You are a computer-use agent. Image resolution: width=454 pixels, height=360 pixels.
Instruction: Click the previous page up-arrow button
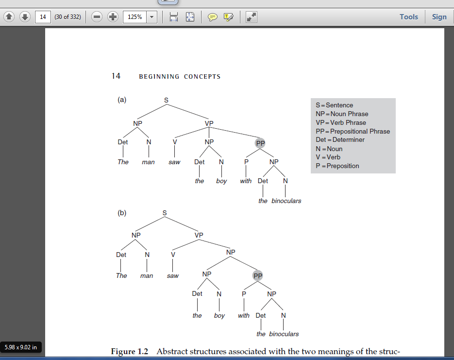9,17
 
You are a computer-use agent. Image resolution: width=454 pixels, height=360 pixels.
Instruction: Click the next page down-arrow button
25,17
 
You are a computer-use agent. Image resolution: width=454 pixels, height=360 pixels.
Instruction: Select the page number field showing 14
43,17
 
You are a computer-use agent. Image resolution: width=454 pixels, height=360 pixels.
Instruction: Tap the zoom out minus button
97,17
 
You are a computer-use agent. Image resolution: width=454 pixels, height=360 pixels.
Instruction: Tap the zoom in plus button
113,17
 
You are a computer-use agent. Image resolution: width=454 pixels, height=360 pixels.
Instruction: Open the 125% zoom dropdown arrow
151,17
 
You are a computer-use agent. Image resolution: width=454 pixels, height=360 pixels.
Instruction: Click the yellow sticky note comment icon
212,17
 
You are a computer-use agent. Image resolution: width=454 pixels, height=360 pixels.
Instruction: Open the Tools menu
409,17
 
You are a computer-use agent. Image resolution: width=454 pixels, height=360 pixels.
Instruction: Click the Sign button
439,17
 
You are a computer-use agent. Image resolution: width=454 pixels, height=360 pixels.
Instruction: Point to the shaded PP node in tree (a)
260,143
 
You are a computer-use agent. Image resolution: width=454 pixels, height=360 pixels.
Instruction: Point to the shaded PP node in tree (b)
258,276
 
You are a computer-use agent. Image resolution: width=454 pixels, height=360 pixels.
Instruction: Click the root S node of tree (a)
166,100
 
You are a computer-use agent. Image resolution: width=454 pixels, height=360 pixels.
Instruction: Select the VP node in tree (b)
199,235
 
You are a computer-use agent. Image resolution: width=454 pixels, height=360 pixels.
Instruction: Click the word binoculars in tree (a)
286,201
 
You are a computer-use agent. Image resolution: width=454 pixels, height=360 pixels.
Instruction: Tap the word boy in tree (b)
219,316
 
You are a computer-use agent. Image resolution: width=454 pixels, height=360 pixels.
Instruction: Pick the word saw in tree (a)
174,162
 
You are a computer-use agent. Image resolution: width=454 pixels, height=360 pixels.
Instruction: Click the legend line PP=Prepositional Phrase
353,131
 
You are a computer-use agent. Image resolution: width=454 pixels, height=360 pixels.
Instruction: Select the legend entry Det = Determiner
340,139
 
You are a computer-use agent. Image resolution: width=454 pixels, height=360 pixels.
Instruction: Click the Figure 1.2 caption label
130,351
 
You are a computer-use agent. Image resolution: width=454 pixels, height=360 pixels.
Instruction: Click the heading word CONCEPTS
202,77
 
